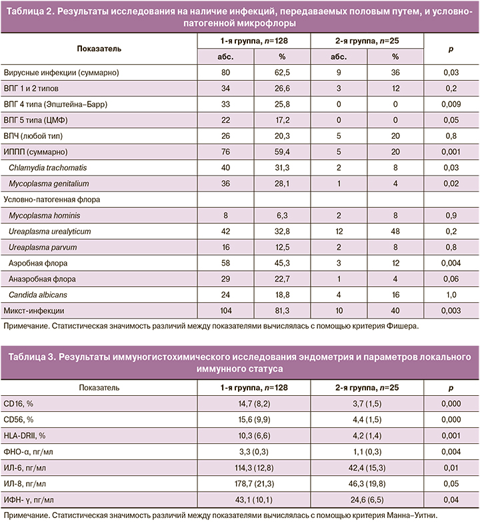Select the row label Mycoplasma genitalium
tap(49, 183)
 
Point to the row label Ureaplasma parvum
tap(41, 247)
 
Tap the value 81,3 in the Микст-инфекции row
tap(282, 310)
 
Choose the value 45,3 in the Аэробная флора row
tap(282, 262)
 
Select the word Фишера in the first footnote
tap(401, 326)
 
